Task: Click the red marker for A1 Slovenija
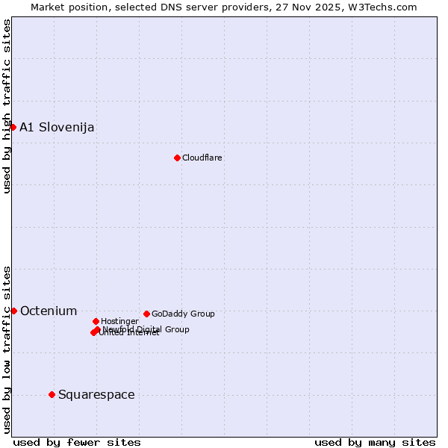pos(13,127)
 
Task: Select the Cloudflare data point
pos(177,158)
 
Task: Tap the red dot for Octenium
pos(13,311)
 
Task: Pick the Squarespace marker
pos(52,394)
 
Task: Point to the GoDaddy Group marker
pos(146,314)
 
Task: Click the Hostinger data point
pos(96,321)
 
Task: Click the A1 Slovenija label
pos(57,127)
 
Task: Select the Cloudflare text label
pos(202,158)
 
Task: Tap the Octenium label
pos(49,311)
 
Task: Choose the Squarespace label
pos(96,394)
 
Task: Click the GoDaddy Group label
pos(183,314)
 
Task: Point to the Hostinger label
pos(119,321)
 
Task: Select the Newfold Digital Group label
pos(146,329)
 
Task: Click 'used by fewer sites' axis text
pos(77,442)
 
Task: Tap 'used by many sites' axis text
pos(375,442)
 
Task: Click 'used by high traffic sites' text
pos(7,106)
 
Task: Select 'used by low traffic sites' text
pos(7,349)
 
